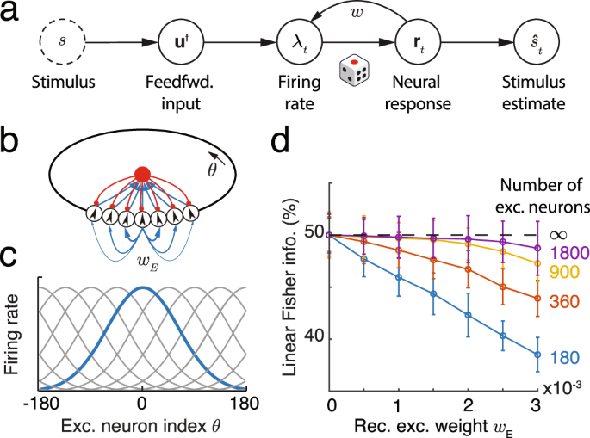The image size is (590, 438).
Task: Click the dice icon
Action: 355,70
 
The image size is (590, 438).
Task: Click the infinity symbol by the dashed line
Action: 561,233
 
